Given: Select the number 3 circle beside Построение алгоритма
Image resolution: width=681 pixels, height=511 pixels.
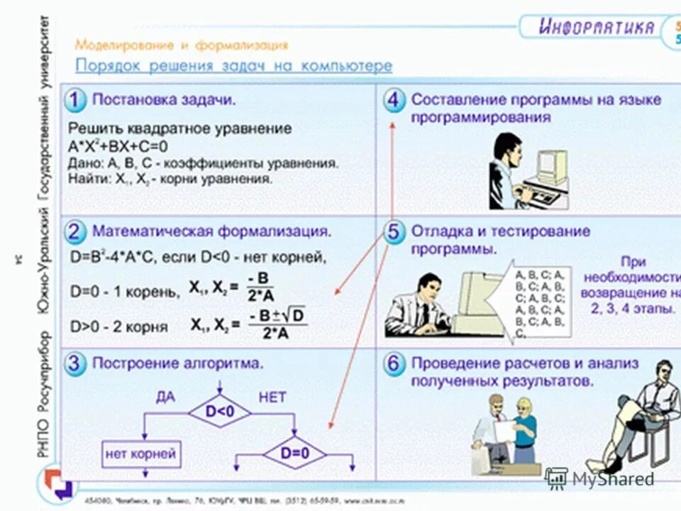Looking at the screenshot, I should pos(76,363).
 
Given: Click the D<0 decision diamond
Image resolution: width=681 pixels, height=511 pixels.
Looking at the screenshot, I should pos(220,411).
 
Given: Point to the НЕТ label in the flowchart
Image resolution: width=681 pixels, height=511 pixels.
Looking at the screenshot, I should pos(272,397).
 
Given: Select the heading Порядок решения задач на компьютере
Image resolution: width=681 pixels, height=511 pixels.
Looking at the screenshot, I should pos(233,66).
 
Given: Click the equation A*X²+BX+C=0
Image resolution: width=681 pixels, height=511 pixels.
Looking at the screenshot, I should pos(118,147).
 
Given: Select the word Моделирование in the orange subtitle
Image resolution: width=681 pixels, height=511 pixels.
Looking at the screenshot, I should pos(124,45).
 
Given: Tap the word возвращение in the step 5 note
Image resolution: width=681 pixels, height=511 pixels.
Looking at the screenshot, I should pos(625,292).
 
